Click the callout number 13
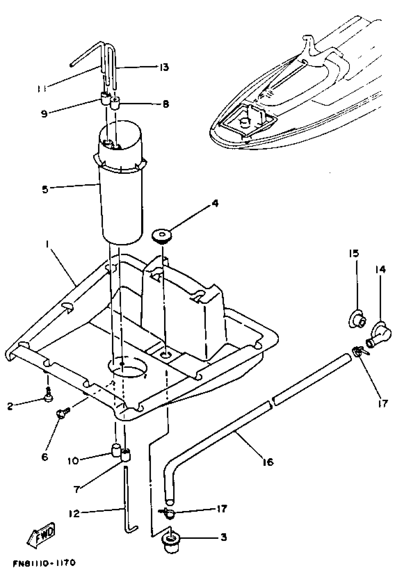tap(164, 67)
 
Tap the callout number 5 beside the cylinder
tap(45, 190)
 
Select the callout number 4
tap(215, 203)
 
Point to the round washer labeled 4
tap(162, 236)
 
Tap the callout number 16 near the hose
tap(268, 462)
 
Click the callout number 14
tap(380, 270)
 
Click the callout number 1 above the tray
tap(47, 244)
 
